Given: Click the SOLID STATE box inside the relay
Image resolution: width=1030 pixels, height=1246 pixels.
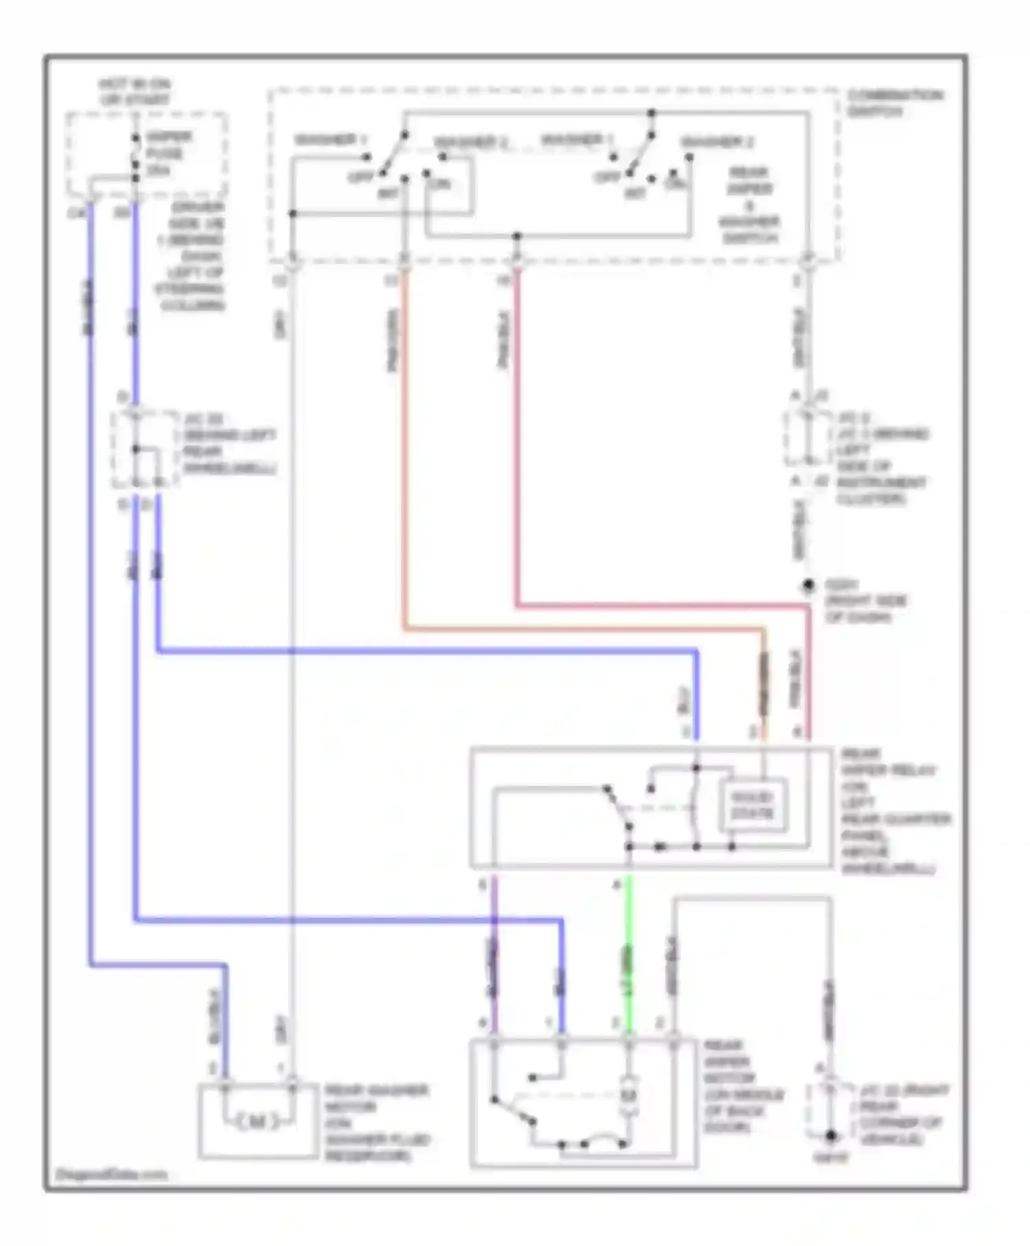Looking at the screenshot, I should (x=753, y=805).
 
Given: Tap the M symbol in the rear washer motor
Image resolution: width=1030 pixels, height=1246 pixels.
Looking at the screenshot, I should (x=257, y=1122).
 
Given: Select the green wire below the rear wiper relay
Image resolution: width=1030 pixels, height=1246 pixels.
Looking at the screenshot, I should (x=628, y=955).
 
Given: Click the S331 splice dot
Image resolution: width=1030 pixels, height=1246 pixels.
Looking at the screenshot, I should (x=808, y=585).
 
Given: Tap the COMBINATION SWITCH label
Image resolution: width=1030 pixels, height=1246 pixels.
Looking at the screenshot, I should (x=895, y=103).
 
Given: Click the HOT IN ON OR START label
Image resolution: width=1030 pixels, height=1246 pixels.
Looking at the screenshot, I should (x=135, y=92).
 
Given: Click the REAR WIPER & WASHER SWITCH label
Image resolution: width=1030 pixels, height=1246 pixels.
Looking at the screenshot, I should (x=748, y=205).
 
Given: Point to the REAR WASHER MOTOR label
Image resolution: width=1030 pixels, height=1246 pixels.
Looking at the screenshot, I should (x=376, y=1124).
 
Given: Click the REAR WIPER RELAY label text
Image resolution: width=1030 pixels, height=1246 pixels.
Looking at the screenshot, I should (x=889, y=811).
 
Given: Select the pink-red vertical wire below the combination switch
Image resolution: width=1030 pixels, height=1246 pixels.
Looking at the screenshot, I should (x=516, y=440).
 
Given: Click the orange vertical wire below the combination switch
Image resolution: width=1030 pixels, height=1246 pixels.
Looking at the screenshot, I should (x=404, y=446).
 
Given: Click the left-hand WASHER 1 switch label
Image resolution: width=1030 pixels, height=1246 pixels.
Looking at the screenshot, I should (x=325, y=140).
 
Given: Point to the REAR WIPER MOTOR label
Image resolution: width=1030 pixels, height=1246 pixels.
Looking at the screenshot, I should (x=742, y=1087).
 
